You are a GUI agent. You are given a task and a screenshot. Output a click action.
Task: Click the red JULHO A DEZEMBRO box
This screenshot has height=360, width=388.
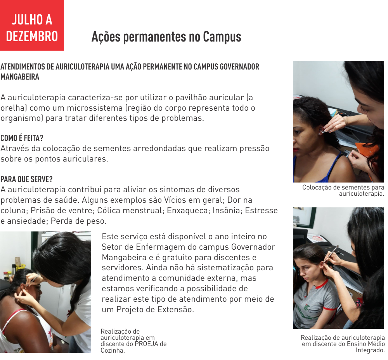[32, 25]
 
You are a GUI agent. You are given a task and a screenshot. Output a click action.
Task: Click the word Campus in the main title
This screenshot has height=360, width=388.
[222, 37]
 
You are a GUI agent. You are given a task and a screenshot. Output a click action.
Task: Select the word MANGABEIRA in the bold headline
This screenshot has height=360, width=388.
[20, 77]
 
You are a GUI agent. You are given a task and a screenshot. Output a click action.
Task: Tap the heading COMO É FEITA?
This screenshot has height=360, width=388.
[22, 138]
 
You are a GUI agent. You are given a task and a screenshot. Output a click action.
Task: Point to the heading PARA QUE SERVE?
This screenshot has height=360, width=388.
[26, 179]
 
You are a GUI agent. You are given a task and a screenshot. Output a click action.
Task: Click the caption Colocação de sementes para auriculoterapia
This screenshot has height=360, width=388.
[343, 190]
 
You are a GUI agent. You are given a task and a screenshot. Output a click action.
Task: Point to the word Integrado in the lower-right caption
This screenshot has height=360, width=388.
[370, 350]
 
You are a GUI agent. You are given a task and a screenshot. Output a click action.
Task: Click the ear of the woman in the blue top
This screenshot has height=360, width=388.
[321, 129]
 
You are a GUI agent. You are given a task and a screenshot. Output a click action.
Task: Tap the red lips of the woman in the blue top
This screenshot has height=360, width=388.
[295, 150]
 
